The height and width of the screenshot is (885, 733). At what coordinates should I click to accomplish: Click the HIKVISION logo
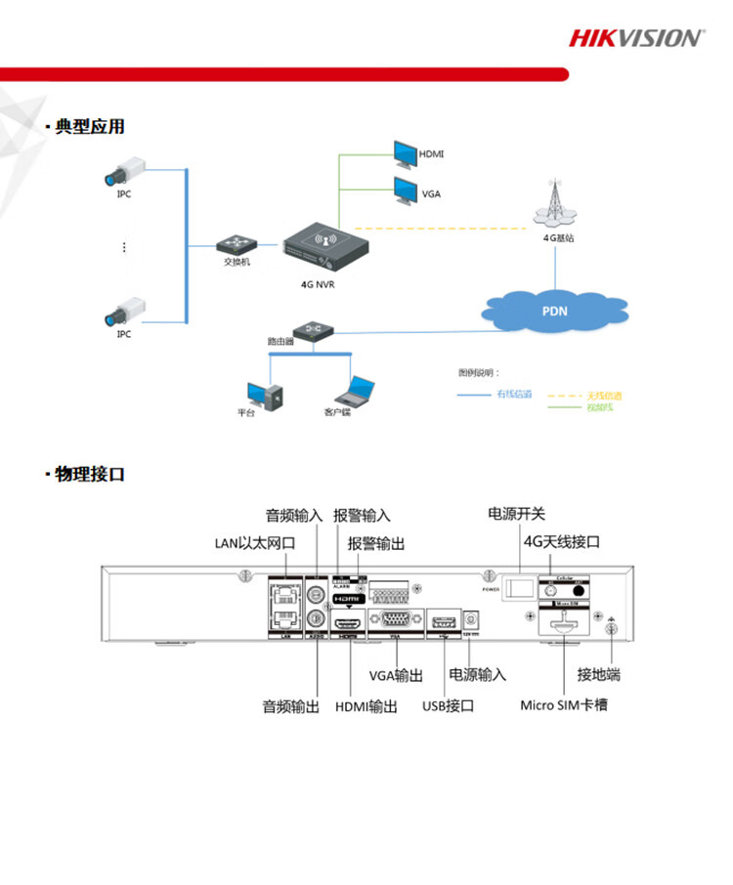[x=635, y=38]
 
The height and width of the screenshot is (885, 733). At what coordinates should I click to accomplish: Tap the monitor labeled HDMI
[x=405, y=153]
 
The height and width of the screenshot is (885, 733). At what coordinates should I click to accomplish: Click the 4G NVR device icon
[x=326, y=247]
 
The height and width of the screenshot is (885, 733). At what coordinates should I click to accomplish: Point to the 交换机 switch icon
[x=235, y=244]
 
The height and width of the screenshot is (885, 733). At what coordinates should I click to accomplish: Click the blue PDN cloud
[x=553, y=312]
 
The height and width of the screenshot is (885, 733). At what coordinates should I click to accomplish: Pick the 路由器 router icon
[x=314, y=330]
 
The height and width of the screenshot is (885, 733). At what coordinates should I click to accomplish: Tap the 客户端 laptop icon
[x=353, y=392]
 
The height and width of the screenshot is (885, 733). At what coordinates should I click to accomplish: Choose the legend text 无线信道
[x=604, y=395]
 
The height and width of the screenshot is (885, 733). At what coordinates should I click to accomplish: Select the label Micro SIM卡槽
[x=563, y=704]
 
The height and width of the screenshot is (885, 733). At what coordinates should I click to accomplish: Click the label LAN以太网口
[x=254, y=543]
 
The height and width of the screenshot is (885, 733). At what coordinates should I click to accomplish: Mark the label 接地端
[x=599, y=675]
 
